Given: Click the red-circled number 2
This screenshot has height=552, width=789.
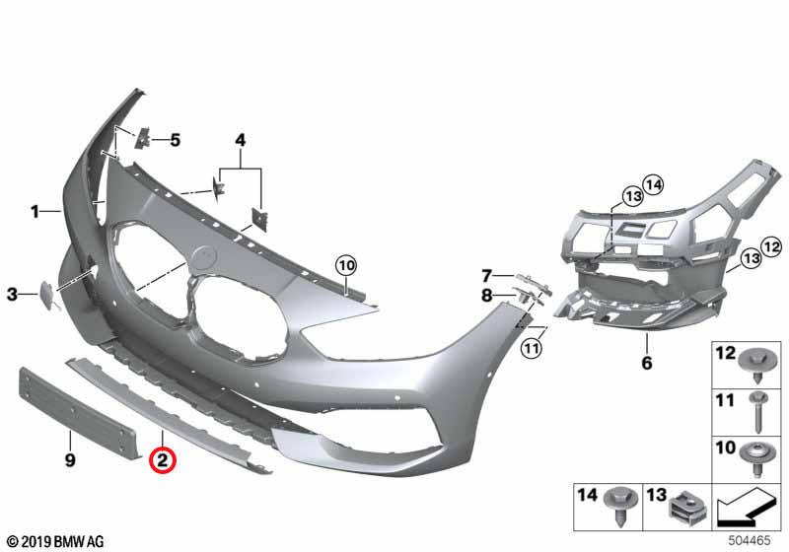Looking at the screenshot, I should [x=162, y=458].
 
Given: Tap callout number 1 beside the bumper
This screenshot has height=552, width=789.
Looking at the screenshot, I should [x=35, y=210].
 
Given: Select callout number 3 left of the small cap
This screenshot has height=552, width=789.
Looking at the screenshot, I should [x=12, y=294].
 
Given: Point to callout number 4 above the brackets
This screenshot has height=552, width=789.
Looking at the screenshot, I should [x=239, y=141].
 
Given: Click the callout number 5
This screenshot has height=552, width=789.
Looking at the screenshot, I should [x=176, y=140].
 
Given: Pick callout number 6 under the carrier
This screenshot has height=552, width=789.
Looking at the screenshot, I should [x=647, y=364].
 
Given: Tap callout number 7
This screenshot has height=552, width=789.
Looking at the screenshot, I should [x=486, y=275].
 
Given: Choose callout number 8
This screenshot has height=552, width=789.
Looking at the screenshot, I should [x=486, y=295].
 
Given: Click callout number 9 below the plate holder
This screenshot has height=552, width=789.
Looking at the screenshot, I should [x=70, y=459].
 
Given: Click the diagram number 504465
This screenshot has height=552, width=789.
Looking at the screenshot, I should [x=752, y=540].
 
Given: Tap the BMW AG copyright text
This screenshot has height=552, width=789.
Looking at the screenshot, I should [x=54, y=541].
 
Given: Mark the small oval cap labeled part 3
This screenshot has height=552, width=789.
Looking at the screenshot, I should [x=46, y=293].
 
